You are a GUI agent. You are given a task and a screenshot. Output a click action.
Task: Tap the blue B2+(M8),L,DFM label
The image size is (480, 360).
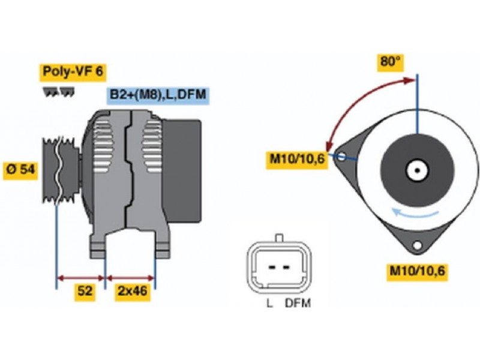pyautogui.click(x=158, y=95)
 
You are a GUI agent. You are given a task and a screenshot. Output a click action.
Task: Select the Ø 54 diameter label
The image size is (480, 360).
pyautogui.click(x=20, y=170)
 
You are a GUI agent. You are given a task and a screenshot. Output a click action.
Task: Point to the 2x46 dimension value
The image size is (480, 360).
pyautogui.click(x=132, y=292)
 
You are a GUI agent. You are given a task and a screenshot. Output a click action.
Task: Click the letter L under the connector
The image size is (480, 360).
pyautogui.click(x=269, y=304)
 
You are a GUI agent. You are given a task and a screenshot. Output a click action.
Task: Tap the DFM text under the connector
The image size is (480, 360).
pyautogui.click(x=298, y=304)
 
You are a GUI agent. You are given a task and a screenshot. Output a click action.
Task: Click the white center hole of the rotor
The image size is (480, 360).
pyautogui.click(x=416, y=170)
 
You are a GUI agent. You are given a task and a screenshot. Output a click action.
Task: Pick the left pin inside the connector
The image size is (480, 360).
pyautogui.click(x=271, y=266)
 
